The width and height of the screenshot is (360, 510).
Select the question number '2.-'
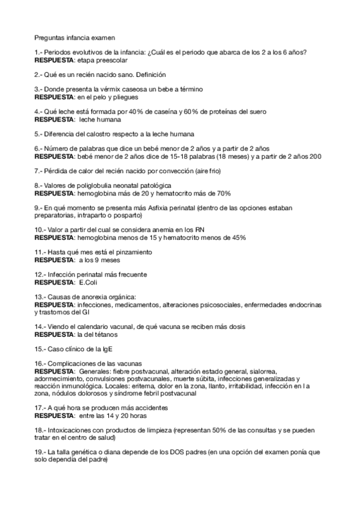39,75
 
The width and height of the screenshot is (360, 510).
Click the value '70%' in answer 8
222,193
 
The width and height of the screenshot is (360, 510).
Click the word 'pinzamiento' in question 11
133,251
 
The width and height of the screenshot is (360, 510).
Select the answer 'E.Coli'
83,281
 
